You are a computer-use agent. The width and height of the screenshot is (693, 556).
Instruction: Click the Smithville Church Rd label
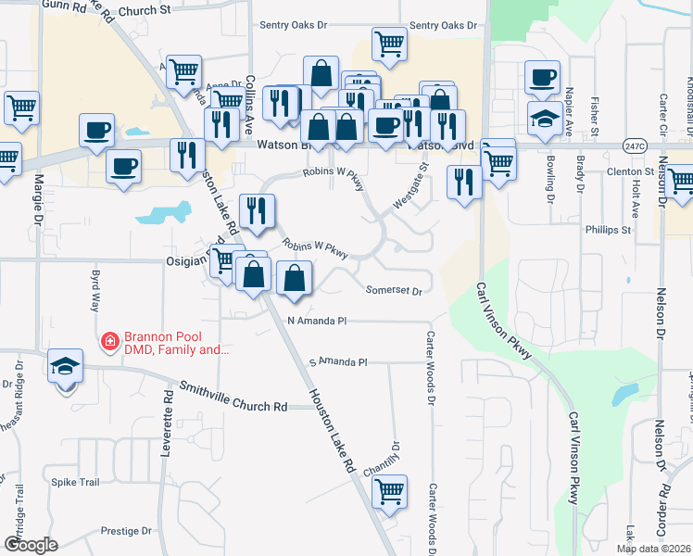coord(233,399)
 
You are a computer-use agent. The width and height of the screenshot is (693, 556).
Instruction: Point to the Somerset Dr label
coord(394,290)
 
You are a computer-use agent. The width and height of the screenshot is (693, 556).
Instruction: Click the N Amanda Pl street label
coord(317,321)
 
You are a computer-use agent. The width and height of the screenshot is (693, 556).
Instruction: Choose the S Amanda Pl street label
coord(338,361)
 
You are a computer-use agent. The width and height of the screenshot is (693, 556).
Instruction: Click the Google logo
coord(30,545)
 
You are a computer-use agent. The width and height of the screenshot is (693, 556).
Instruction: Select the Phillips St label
coord(608,229)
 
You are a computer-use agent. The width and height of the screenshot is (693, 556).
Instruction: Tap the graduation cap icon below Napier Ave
coord(544,118)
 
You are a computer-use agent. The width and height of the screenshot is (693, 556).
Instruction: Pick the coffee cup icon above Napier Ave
coord(542,77)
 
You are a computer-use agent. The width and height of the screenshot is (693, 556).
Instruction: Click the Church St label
coord(152,9)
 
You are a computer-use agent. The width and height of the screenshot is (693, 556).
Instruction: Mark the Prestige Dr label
coord(126,531)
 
